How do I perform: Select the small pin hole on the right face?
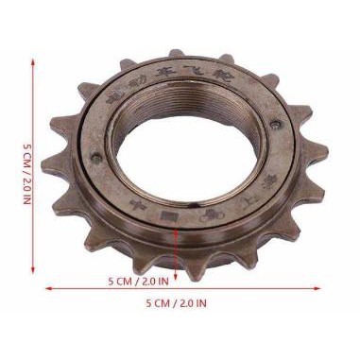pyautogui.click(x=274, y=126)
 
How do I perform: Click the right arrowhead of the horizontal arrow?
pyautogui.click(x=317, y=289)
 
